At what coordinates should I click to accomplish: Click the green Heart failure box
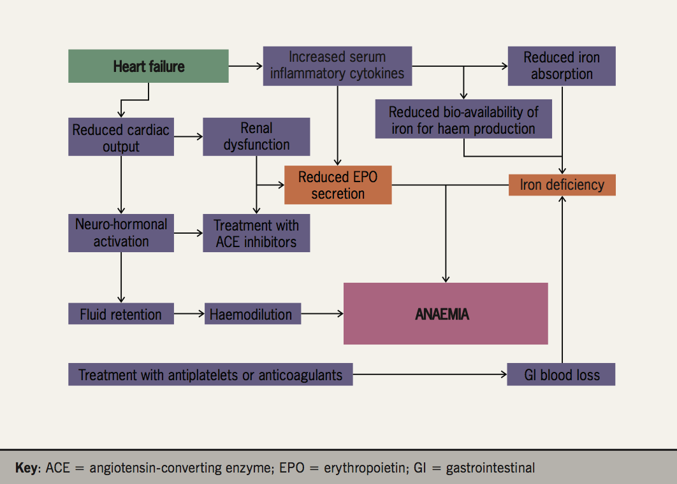point(149,66)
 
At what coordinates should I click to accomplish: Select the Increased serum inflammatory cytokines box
point(337,66)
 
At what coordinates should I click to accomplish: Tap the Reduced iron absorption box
point(562,66)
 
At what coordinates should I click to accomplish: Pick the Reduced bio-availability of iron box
point(463,120)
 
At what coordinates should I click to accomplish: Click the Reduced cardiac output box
point(121,138)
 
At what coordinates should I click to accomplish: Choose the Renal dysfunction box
point(256,137)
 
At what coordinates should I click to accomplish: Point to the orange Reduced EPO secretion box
point(338,185)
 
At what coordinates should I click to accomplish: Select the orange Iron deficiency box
point(562,185)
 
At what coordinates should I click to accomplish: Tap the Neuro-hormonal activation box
point(121,233)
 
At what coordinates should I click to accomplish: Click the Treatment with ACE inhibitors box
point(256,233)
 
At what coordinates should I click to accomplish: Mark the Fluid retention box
point(121,314)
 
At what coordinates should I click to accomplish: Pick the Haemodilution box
point(252,314)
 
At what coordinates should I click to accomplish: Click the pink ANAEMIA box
point(446,314)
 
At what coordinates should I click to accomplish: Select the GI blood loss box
point(562,374)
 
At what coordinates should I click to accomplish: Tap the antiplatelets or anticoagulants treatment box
point(210,374)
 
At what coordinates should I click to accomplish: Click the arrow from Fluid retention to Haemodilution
point(189,314)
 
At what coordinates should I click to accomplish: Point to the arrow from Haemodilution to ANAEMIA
point(322,314)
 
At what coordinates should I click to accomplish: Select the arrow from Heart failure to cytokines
point(245,66)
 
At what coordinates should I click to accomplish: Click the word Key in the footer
point(27,468)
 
